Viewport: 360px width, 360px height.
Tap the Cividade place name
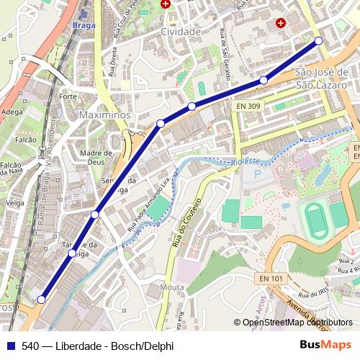click(x=181, y=32)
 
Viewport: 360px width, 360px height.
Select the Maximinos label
click(x=104, y=114)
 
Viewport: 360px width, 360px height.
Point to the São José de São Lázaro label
click(x=321, y=78)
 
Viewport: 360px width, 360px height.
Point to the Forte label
click(x=68, y=96)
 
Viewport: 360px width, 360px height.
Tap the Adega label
click(x=12, y=112)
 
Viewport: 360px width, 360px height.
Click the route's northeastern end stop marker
click(x=318, y=41)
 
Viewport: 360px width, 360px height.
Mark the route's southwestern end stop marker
click(x=42, y=300)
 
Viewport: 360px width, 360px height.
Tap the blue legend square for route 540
click(x=10, y=345)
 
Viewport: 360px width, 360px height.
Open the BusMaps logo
click(x=325, y=344)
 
